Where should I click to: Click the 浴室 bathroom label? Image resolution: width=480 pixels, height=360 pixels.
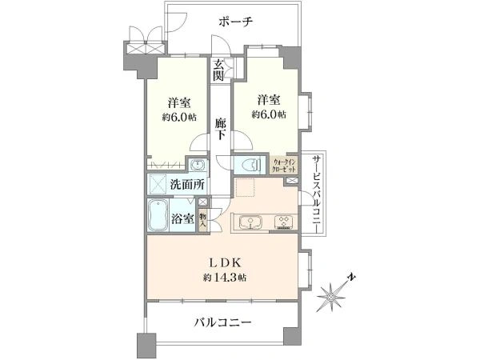[181, 218]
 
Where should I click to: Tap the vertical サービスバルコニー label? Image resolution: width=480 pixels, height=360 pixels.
[317, 193]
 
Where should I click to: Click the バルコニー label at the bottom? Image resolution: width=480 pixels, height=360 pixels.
[223, 323]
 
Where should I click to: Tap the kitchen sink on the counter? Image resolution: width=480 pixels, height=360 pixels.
[247, 222]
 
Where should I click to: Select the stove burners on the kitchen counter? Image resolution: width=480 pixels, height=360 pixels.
[283, 222]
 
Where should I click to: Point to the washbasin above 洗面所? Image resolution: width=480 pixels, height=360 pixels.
[197, 164]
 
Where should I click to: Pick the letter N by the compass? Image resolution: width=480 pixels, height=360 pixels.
[352, 278]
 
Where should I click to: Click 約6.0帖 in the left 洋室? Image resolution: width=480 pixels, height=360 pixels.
[179, 117]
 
